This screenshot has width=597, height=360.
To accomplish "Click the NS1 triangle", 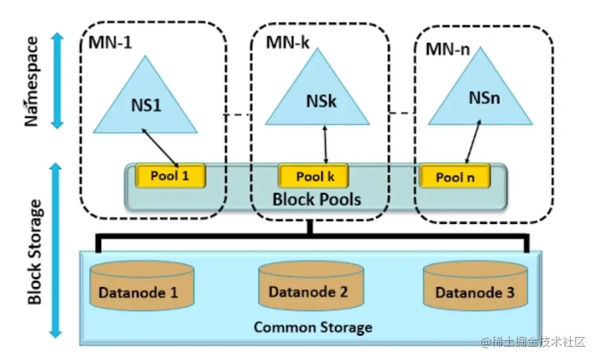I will pyautogui.click(x=145, y=101).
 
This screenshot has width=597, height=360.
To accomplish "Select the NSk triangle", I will pyautogui.click(x=321, y=99).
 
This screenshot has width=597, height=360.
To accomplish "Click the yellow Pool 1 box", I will pyautogui.click(x=170, y=176).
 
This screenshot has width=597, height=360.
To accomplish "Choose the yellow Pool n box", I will pyautogui.click(x=455, y=176).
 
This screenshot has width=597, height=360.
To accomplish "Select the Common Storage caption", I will pyautogui.click(x=313, y=327).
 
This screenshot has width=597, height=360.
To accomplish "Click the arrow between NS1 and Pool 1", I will pyautogui.click(x=160, y=146).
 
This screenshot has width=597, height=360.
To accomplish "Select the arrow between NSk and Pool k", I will pyautogui.click(x=325, y=145).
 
